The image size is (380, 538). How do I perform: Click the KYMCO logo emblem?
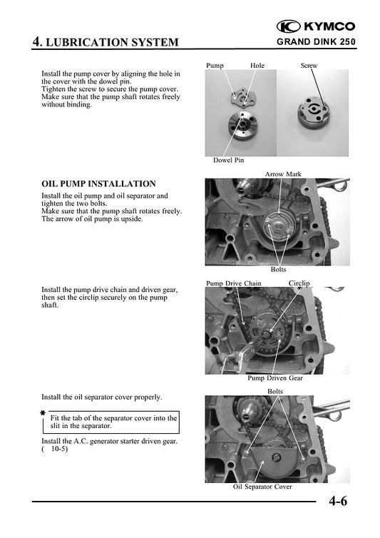point(289,26)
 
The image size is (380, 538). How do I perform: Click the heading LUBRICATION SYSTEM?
point(112,42)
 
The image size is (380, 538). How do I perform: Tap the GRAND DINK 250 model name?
point(317,42)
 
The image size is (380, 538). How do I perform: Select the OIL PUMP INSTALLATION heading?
point(99,183)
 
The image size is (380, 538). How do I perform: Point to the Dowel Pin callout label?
point(228,160)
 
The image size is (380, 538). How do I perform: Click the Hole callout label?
point(257,65)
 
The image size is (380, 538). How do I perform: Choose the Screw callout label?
point(309,65)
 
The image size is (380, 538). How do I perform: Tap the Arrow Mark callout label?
point(283,174)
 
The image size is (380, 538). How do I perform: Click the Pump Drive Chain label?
point(234,283)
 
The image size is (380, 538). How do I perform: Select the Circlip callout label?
point(299,283)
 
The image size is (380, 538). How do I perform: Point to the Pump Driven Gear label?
point(275,377)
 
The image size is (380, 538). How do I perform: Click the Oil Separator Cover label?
point(262,487)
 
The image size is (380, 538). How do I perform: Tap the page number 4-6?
point(338,501)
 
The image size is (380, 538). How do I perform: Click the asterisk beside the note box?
point(43,413)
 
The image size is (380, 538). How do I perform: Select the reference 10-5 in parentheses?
point(60,449)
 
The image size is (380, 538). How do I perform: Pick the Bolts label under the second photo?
point(278,269)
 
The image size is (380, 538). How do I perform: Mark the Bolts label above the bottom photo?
point(275,391)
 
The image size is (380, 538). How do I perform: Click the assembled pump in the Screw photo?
point(312,112)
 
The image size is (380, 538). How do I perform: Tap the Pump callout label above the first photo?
point(215,66)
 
